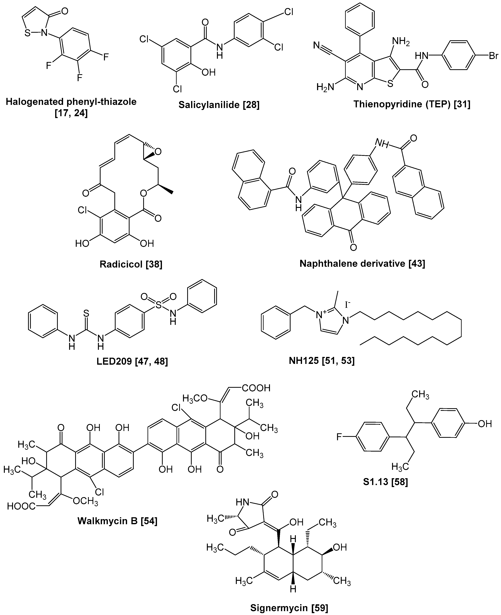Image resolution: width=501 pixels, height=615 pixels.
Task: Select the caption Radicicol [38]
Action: click(131, 264)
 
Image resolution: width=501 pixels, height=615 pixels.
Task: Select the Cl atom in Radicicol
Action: click(83, 210)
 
